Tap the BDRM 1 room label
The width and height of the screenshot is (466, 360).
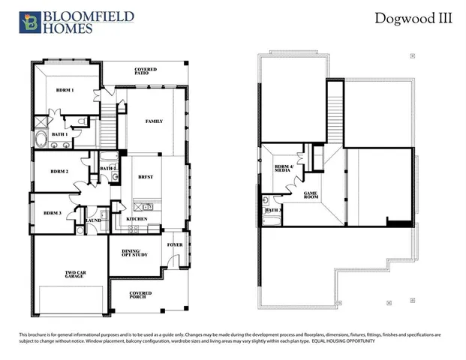point(66,90)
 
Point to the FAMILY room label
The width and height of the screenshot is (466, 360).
point(153,121)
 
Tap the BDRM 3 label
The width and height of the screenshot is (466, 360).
point(52,213)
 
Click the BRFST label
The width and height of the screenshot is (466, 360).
point(146,177)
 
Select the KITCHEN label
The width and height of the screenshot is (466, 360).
point(136,219)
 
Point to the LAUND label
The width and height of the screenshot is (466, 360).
point(94,220)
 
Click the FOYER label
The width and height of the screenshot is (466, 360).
point(175,244)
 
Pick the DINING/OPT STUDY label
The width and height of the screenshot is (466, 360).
point(134,252)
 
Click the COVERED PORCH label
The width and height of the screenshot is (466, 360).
point(140,295)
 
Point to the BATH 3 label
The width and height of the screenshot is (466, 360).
point(272,211)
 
